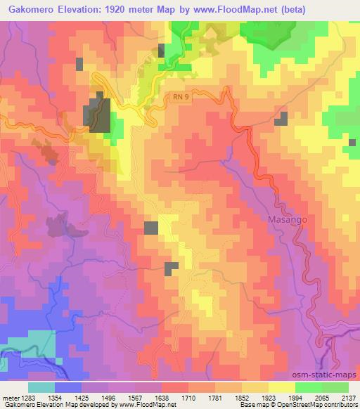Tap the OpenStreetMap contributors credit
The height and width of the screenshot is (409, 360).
pyautogui.click(x=314, y=405)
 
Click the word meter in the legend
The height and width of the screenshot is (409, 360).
pyautogui.click(x=11, y=397)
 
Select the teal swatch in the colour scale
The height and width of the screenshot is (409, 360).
pyautogui.click(x=41, y=387)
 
